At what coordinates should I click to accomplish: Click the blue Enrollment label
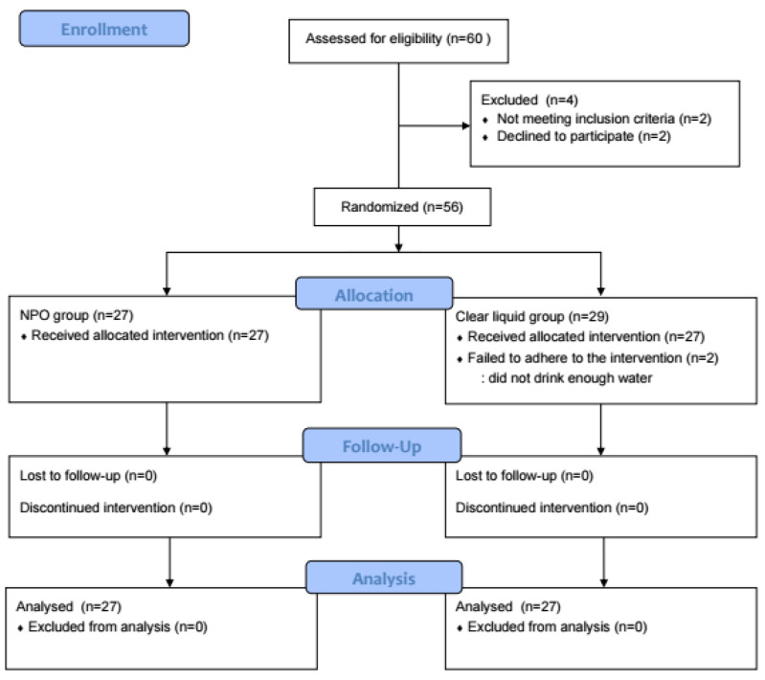click(x=104, y=29)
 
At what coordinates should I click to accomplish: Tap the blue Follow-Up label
click(x=382, y=445)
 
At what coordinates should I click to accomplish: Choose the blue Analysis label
click(x=384, y=578)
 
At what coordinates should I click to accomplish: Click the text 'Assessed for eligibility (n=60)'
click(x=398, y=38)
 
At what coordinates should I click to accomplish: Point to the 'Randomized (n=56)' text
click(x=402, y=207)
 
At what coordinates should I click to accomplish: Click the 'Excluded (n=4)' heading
click(x=529, y=100)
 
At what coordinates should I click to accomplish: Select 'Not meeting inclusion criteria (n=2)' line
click(x=604, y=119)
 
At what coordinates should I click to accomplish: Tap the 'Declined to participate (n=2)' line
click(x=584, y=136)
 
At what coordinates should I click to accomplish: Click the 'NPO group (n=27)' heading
click(x=77, y=315)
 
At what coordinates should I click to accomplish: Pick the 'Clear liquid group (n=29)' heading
click(x=531, y=316)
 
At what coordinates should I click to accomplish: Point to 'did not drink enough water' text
click(x=570, y=378)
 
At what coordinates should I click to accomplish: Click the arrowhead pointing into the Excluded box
click(x=466, y=126)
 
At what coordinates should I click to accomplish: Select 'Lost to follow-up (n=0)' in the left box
click(x=88, y=475)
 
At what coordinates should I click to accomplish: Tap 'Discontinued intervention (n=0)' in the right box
click(x=551, y=508)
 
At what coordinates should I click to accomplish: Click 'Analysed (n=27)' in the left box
click(x=69, y=606)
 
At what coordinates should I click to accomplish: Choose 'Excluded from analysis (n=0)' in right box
click(x=557, y=626)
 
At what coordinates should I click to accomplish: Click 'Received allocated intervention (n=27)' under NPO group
click(x=149, y=335)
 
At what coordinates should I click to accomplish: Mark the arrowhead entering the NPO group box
click(x=167, y=291)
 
